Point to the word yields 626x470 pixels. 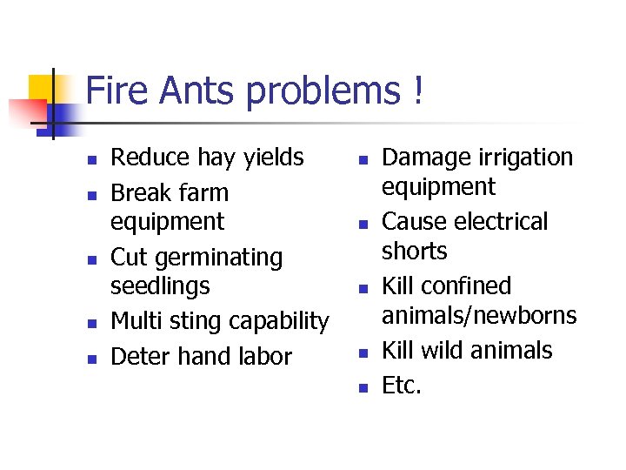coord(273,158)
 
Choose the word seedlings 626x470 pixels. coord(160,286)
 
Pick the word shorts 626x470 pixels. coord(414,251)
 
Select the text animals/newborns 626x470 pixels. coord(479,315)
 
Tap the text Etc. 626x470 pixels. coord(402,386)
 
